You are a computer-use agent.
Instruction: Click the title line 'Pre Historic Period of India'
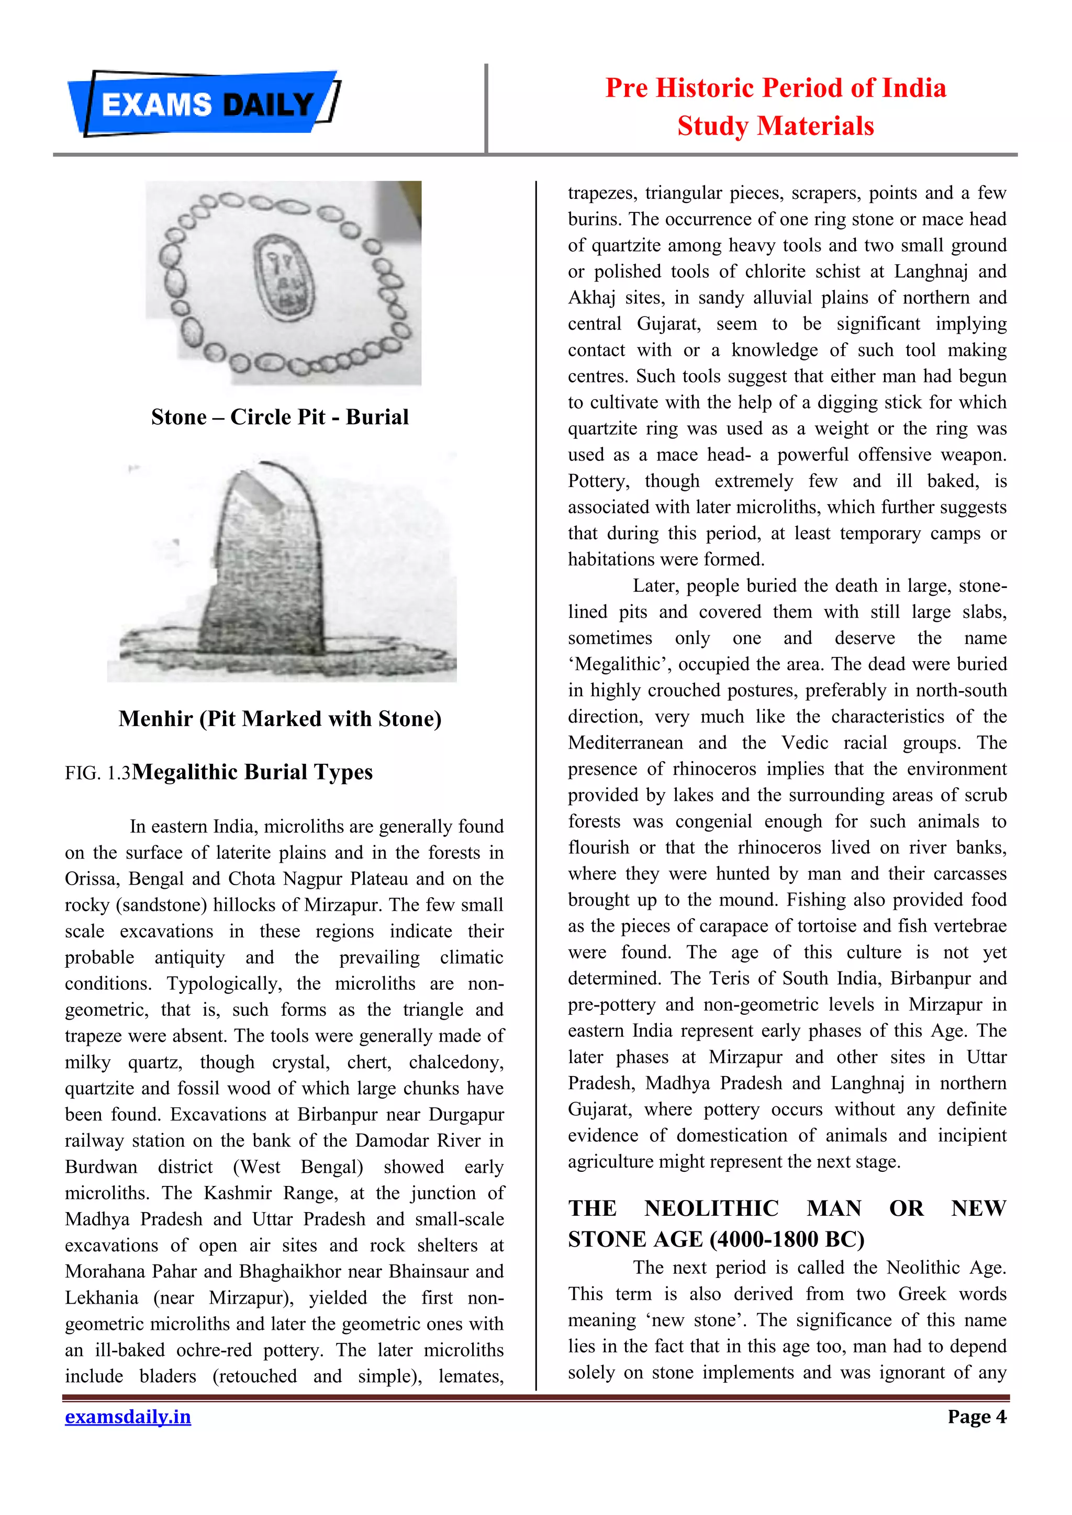(x=776, y=88)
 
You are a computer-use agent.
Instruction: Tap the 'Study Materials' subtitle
(x=776, y=126)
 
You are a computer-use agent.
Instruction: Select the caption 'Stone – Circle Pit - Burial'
(x=280, y=417)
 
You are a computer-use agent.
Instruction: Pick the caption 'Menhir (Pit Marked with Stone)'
(x=280, y=719)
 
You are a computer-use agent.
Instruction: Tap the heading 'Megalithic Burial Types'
(x=252, y=772)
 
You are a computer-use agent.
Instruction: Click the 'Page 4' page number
(x=976, y=1417)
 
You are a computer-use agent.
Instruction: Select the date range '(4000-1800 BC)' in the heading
(x=787, y=1240)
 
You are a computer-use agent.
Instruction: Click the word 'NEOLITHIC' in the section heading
(x=711, y=1208)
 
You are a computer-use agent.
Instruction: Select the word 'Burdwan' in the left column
(x=101, y=1167)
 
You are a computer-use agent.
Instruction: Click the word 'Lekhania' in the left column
(x=102, y=1298)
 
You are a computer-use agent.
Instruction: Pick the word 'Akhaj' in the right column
(x=591, y=298)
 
